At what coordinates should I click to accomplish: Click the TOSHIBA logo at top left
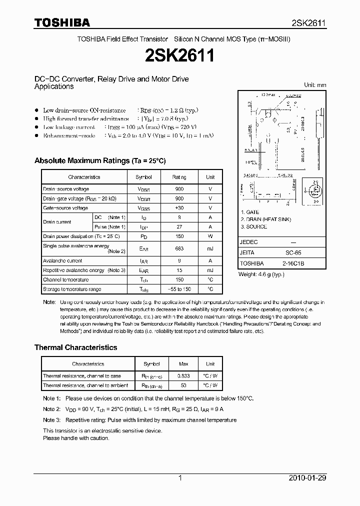61,22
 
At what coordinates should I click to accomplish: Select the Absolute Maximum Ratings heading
99,160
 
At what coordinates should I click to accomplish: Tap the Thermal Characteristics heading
75,347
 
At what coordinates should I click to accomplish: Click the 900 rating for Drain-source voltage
179,189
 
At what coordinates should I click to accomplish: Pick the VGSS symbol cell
143,208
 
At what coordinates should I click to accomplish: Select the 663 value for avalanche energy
179,248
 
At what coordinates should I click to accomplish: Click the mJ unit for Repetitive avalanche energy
210,270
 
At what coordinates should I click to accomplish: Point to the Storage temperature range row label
72,289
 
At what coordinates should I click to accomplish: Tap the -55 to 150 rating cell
179,289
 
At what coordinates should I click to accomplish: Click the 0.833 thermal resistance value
183,375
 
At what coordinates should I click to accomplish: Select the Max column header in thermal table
183,364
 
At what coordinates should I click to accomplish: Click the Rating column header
179,177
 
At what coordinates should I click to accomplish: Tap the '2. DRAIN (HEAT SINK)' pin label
265,219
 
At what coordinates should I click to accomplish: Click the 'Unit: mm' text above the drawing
315,85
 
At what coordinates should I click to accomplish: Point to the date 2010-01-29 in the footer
307,478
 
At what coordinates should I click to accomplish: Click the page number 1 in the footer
180,478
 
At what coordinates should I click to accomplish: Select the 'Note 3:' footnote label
51,420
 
